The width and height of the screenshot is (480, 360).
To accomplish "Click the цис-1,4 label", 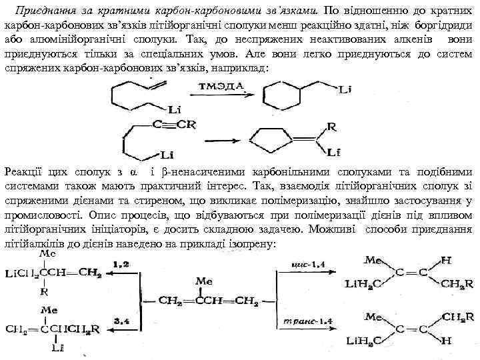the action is click(x=306, y=265).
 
